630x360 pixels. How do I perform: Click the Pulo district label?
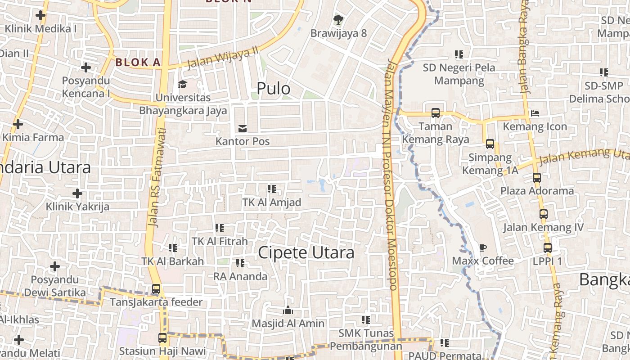273,89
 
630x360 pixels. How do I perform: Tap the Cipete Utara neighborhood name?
306,252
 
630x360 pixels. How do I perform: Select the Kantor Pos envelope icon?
243,129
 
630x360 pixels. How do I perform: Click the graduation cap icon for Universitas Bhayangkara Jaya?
182,84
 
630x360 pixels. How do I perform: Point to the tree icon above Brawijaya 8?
338,20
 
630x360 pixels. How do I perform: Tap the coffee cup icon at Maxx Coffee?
482,247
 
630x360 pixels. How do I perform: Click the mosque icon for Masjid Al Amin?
288,310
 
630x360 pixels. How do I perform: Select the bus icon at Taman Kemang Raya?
435,113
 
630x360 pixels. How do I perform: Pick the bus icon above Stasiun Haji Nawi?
162,337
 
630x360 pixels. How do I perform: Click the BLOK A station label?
138,63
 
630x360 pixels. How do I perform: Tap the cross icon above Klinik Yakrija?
77,193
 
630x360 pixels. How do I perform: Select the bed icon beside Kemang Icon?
535,113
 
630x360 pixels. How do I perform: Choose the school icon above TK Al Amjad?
271,189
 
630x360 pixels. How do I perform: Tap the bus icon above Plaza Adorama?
536,178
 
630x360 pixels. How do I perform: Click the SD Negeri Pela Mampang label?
459,74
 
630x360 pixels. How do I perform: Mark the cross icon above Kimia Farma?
18,124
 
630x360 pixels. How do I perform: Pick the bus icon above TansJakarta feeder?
156,289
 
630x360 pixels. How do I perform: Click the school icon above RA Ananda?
240,263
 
